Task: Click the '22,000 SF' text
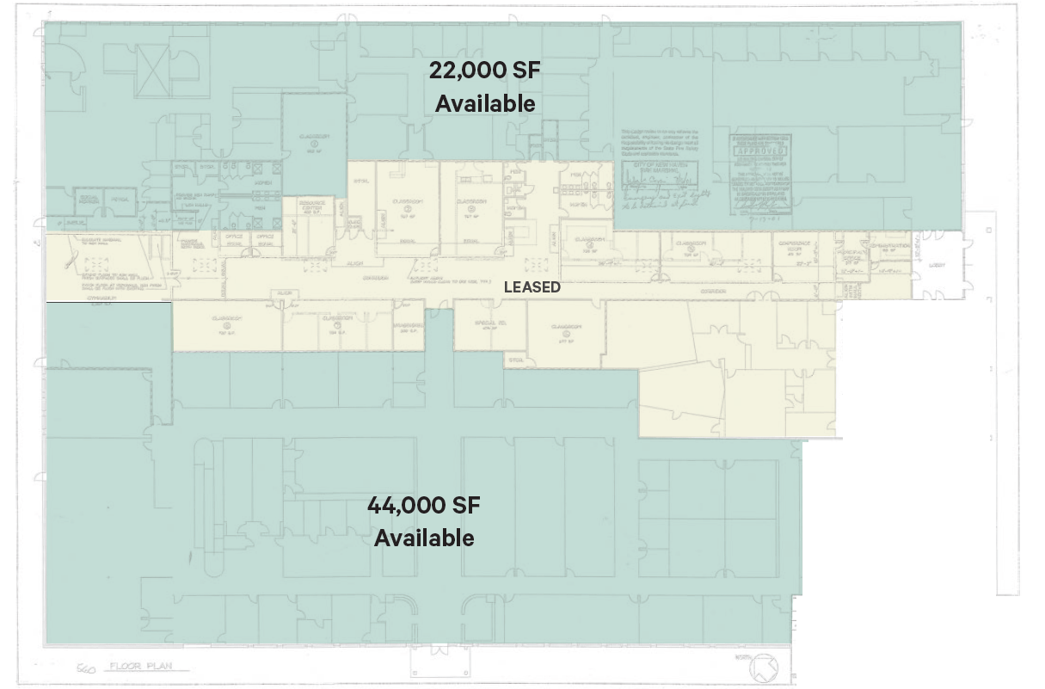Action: (x=485, y=71)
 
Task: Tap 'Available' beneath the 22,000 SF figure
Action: (x=485, y=103)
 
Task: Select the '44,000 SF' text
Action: (x=423, y=505)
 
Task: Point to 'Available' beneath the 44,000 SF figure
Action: (x=423, y=538)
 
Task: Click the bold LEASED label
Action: (x=532, y=287)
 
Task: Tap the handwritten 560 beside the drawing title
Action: (x=86, y=667)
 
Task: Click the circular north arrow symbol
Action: (x=762, y=667)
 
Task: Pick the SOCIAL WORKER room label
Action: (x=87, y=199)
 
